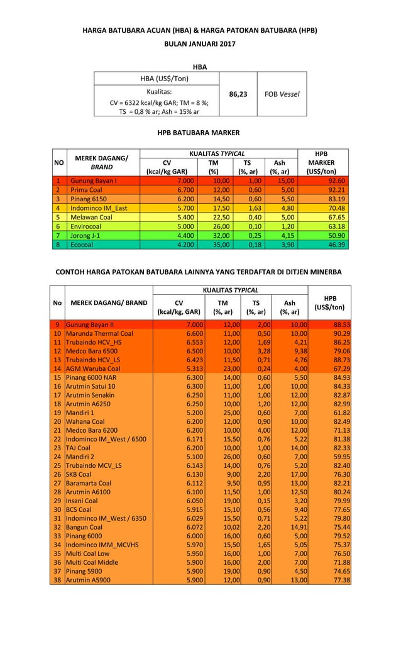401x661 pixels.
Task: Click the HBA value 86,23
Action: coord(238,94)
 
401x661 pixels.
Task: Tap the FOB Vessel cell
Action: coord(282,94)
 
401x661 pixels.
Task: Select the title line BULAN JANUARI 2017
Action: coord(200,45)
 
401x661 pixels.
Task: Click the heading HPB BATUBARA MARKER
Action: coord(200,133)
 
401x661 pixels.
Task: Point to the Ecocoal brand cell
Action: coord(82,245)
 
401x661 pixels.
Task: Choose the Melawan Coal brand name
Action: coord(91,217)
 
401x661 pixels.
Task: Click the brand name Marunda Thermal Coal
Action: coord(99,333)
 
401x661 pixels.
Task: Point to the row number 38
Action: coord(57,580)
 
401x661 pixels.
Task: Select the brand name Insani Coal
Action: coord(83,501)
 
